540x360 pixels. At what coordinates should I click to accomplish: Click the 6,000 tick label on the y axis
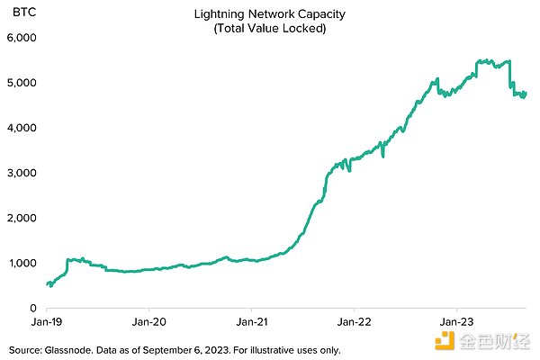tap(20, 38)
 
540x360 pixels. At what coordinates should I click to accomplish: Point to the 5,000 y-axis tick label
tap(20, 83)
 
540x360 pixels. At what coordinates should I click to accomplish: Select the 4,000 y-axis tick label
tap(20, 128)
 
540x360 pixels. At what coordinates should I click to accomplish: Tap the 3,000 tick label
tap(20, 173)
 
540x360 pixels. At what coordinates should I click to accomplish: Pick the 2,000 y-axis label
tap(20, 218)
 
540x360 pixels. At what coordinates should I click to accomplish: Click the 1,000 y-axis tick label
tap(20, 263)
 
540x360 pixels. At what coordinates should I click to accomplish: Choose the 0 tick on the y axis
tap(30, 308)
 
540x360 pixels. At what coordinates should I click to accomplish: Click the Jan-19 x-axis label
tap(47, 321)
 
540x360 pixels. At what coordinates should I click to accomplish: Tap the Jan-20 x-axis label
tap(149, 321)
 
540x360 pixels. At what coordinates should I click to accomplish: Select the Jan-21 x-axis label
tap(252, 321)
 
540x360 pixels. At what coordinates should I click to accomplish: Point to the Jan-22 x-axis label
tap(354, 321)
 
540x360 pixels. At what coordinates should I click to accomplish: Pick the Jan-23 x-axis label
tap(456, 321)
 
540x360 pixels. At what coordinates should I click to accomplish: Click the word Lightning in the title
tap(219, 15)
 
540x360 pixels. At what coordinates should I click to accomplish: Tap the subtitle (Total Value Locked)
tap(269, 29)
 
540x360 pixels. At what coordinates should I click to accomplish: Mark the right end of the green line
tap(526, 92)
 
